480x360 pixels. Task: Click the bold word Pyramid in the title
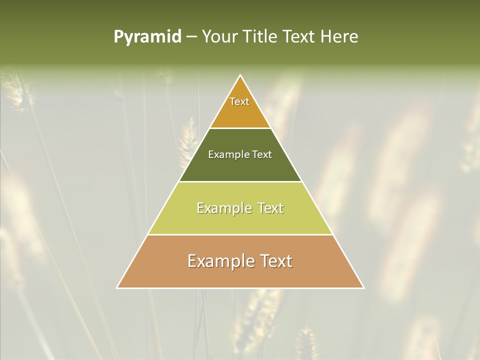[147, 37]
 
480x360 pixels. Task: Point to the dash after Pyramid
[191, 37]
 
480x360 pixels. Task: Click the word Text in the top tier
[239, 101]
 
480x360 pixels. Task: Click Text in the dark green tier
[262, 154]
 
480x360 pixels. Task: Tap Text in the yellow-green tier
[270, 208]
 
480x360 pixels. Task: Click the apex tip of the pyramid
[240, 75]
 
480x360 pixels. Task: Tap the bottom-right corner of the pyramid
[363, 287]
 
